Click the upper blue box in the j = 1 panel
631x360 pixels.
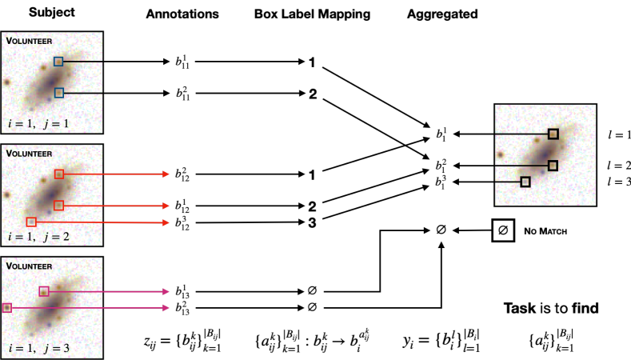tap(58, 62)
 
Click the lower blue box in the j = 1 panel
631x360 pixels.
tap(58, 93)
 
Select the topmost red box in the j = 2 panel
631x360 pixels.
tap(58, 174)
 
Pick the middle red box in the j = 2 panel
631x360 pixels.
tap(58, 206)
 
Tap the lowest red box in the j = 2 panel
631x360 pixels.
tap(31, 222)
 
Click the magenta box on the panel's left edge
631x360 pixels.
tap(7, 307)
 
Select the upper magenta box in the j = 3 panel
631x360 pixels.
tap(44, 291)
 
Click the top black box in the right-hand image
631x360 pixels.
tap(553, 134)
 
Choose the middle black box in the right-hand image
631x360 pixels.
tap(553, 166)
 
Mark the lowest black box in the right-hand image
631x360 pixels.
tap(525, 182)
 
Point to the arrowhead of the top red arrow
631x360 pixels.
tap(166, 174)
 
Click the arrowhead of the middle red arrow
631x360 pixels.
tap(166, 206)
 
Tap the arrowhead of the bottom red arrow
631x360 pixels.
tap(166, 222)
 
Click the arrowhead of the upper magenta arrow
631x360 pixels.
tap(166, 291)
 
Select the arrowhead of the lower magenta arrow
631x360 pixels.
tap(166, 307)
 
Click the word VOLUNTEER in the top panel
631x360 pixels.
tap(30, 41)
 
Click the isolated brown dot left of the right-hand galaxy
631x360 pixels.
tap(501, 154)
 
